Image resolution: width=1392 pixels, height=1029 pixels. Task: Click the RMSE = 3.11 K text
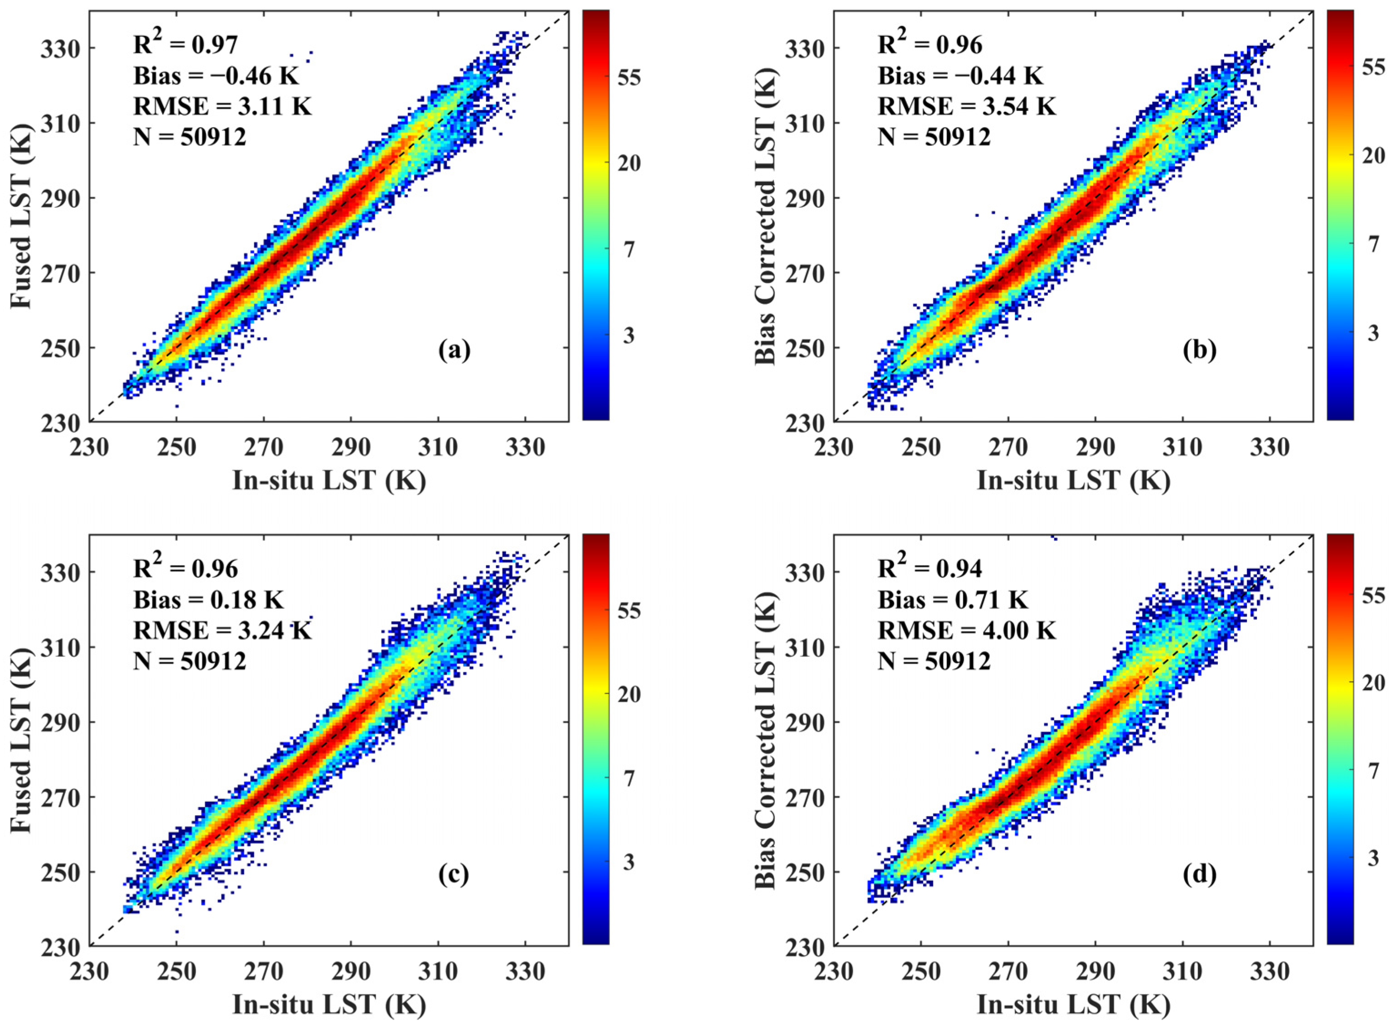[222, 107]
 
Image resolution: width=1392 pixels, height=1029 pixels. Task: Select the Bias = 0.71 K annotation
[952, 600]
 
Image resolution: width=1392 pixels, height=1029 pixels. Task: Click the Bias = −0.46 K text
[216, 76]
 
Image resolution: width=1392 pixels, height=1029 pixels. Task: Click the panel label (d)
[1199, 875]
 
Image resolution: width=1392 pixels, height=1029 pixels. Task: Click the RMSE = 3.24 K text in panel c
[222, 631]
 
